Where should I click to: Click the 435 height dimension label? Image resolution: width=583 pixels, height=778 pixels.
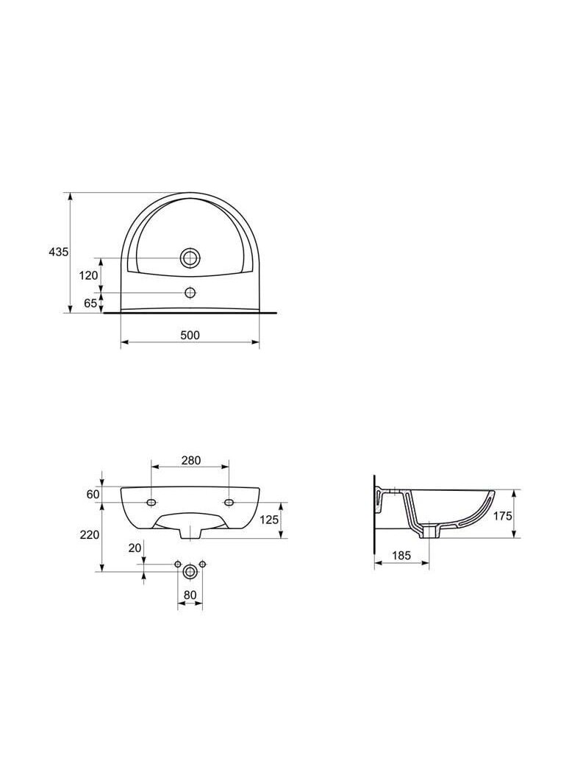[x=58, y=252]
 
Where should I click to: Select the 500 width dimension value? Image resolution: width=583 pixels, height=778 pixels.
[x=190, y=336]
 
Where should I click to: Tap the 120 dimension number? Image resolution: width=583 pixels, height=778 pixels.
[x=89, y=275]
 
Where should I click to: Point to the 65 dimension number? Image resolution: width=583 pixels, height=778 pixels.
[x=90, y=303]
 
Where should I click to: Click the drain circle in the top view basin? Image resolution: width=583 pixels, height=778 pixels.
[x=190, y=258]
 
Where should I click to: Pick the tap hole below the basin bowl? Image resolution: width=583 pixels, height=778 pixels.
[x=190, y=293]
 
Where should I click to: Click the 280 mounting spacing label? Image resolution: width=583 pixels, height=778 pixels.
[x=190, y=461]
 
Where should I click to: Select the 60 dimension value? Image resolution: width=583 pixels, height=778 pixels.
[x=93, y=495]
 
